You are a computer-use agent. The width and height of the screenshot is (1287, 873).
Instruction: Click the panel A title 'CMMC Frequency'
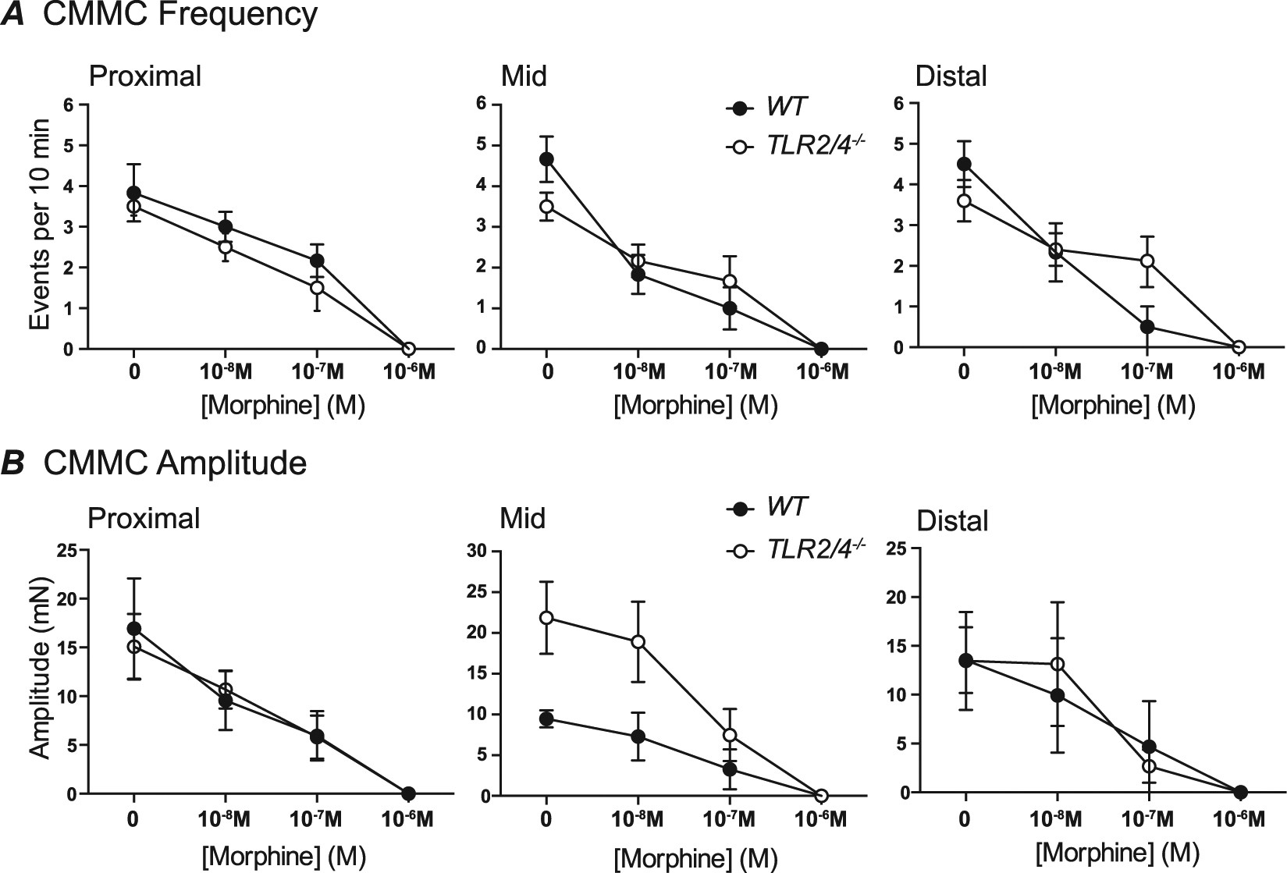pyautogui.click(x=180, y=16)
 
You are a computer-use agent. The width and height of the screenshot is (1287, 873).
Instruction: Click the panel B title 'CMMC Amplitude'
pyautogui.click(x=175, y=463)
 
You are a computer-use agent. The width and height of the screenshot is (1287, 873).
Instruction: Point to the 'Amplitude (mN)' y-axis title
pyautogui.click(x=38, y=667)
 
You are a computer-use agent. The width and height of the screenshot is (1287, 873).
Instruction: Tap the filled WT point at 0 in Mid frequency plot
pyautogui.click(x=547, y=159)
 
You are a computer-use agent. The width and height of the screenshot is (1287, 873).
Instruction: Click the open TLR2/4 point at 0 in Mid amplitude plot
pyautogui.click(x=547, y=618)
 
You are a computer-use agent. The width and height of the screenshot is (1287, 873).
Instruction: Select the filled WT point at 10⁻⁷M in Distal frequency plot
pyautogui.click(x=1147, y=327)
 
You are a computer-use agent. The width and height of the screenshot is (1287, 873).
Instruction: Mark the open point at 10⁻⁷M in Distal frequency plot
pyautogui.click(x=1147, y=261)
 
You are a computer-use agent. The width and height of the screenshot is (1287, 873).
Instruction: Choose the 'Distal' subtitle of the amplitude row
pyautogui.click(x=952, y=520)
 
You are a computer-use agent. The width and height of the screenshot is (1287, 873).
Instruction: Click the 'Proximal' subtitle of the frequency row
pyautogui.click(x=145, y=76)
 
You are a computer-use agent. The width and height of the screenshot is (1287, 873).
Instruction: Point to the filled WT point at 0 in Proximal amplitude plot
pyautogui.click(x=134, y=629)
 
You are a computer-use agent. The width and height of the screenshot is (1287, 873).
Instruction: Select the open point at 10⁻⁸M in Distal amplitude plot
pyautogui.click(x=1058, y=664)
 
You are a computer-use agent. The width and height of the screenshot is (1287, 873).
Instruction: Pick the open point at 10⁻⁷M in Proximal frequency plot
pyautogui.click(x=317, y=288)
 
